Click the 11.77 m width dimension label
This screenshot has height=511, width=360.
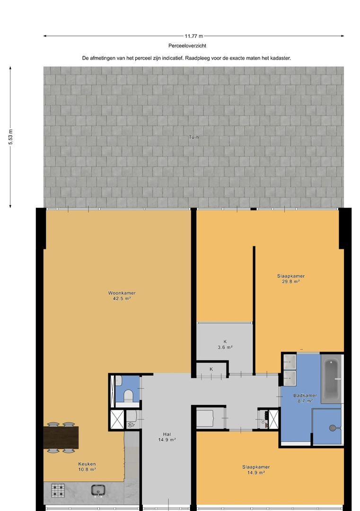click(193, 36)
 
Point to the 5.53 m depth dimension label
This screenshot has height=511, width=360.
click(10, 137)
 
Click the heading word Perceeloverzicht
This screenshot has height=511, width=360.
click(187, 46)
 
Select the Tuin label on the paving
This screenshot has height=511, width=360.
click(193, 137)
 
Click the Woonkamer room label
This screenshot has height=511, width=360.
click(122, 293)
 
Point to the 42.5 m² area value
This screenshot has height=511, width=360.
click(122, 299)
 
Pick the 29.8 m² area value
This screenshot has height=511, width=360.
click(291, 282)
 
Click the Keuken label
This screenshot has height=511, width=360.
click(87, 464)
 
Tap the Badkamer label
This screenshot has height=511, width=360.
click(305, 396)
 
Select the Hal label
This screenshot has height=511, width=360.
click(167, 434)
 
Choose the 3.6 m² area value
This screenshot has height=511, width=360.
click(225, 347)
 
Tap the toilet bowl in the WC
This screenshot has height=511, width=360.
click(129, 395)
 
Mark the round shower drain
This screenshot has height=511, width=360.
click(333, 428)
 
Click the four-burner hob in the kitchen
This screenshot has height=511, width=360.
click(58, 490)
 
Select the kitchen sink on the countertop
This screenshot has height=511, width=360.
click(98, 490)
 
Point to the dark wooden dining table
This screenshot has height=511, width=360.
click(61, 437)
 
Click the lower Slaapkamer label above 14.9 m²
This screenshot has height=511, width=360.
click(256, 467)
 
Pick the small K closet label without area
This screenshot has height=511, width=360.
click(211, 369)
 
